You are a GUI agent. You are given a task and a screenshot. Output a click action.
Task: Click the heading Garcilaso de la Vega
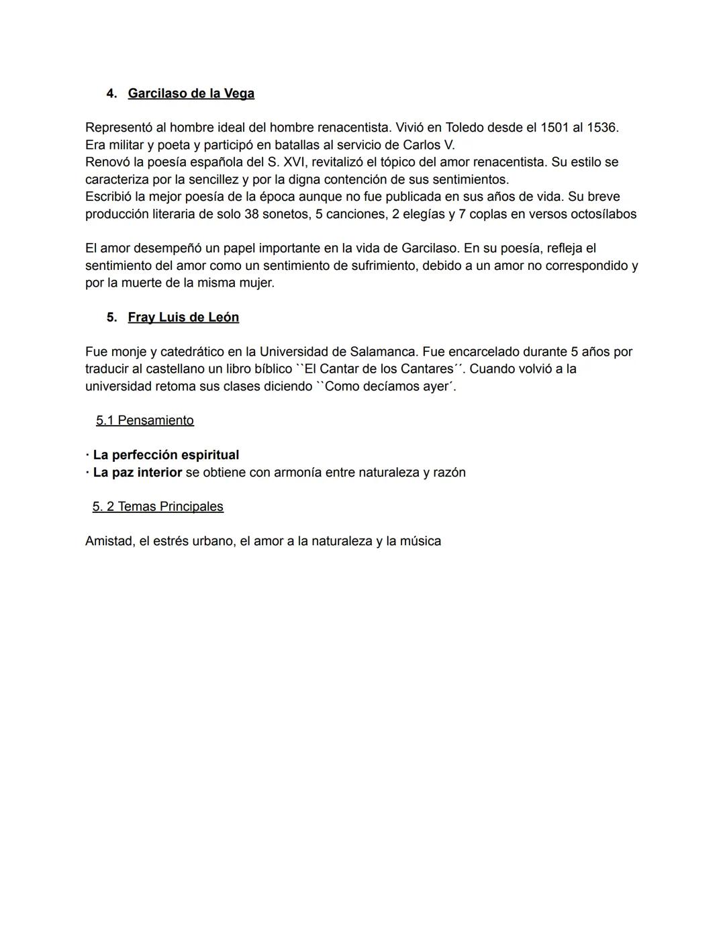click(191, 93)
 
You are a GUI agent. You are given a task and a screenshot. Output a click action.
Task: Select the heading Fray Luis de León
click(183, 317)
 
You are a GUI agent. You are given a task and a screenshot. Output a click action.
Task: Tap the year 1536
click(601, 128)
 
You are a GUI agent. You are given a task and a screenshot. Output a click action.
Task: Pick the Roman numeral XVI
click(292, 162)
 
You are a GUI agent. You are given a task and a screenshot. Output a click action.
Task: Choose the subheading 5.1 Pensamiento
click(145, 420)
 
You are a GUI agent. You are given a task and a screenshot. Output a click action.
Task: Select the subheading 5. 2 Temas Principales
click(158, 506)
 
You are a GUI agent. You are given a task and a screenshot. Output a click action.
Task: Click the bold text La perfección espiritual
click(166, 455)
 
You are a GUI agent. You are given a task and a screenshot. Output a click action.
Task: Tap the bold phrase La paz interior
click(138, 472)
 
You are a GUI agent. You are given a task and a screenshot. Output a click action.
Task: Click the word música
click(420, 541)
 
